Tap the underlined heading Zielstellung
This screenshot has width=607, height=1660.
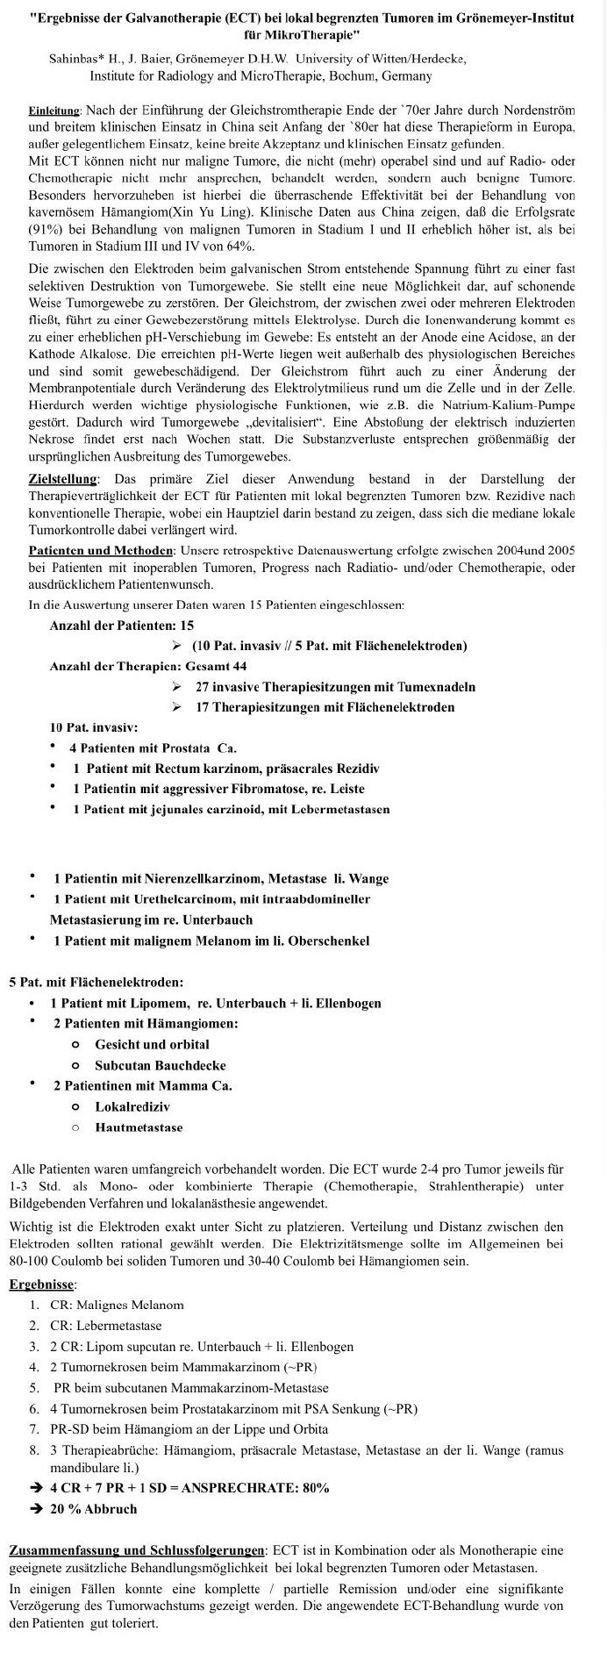pos(63,479)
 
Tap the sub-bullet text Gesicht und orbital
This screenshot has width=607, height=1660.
pos(152,1044)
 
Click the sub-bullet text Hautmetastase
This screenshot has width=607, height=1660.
pos(139,1127)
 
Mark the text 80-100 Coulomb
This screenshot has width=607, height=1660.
pos(64,1262)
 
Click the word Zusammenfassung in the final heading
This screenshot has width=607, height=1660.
pos(62,1551)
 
